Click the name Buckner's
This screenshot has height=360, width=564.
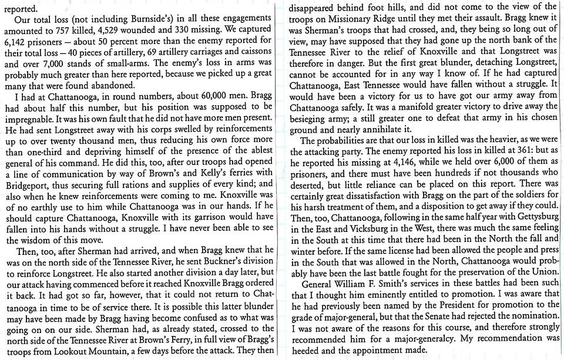(x=218, y=273)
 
